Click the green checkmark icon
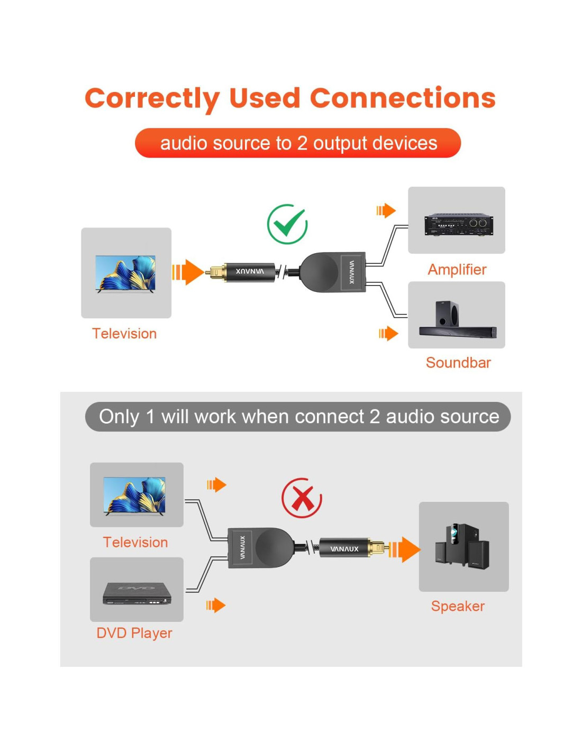coord(287,224)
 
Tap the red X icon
coord(302,498)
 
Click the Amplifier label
coord(457,270)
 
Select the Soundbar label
coord(458,363)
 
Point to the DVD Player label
coord(134,633)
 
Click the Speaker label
coord(458,606)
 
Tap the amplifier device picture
coord(458,225)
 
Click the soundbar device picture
coord(457,319)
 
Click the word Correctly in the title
coord(152,99)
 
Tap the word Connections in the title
coord(403,98)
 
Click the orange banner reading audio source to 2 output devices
coord(298,143)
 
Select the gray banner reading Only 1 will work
coord(298,417)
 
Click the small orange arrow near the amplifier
coord(386,210)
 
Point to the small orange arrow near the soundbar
coord(388,334)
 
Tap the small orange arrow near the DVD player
coord(216,605)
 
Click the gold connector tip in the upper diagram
coord(216,272)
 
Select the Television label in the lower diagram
coord(135,542)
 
